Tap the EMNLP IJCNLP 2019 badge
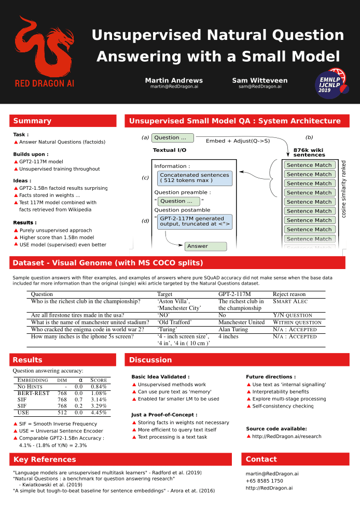[331, 83]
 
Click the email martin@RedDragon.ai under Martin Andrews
[174, 87]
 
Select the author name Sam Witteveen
[260, 80]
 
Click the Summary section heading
[32, 121]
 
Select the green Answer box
[205, 246]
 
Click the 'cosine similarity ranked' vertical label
[343, 189]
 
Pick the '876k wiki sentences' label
[309, 152]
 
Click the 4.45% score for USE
[99, 413]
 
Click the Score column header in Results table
[99, 380]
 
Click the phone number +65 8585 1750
[264, 481]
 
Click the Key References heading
[45, 459]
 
